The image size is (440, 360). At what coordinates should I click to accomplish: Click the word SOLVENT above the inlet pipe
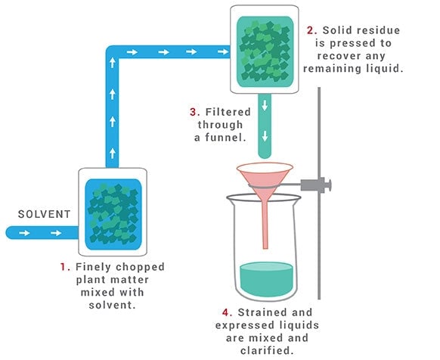click(44, 214)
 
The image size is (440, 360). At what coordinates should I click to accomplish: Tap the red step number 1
click(65, 267)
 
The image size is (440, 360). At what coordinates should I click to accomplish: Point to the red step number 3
click(195, 112)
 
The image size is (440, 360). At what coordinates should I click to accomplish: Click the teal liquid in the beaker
click(267, 279)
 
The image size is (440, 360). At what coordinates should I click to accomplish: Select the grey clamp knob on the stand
click(327, 185)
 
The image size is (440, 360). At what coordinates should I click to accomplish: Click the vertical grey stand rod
click(319, 193)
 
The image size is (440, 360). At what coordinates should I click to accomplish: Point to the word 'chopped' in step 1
click(140, 267)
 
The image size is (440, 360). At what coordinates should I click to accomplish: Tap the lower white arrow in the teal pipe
click(265, 137)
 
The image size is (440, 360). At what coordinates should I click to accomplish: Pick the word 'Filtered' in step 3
click(228, 112)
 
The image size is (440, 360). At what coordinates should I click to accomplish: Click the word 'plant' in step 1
click(90, 281)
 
